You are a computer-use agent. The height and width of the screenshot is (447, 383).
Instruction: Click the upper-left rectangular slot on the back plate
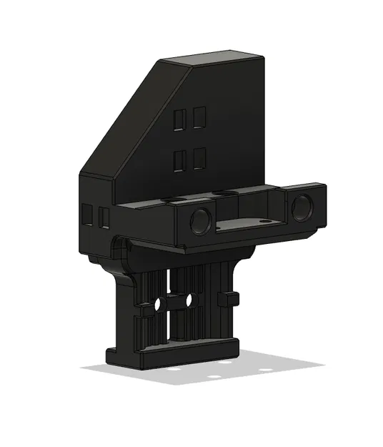pos(180,119)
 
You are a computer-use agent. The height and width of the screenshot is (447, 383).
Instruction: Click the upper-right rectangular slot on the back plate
pos(199,117)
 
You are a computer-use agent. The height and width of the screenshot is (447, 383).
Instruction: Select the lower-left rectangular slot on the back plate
pos(180,160)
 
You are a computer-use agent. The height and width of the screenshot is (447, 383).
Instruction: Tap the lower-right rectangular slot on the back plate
pos(199,158)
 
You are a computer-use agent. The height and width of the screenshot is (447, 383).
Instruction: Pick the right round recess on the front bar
pos(301,207)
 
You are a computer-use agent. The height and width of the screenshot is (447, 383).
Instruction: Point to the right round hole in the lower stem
pos(189,301)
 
